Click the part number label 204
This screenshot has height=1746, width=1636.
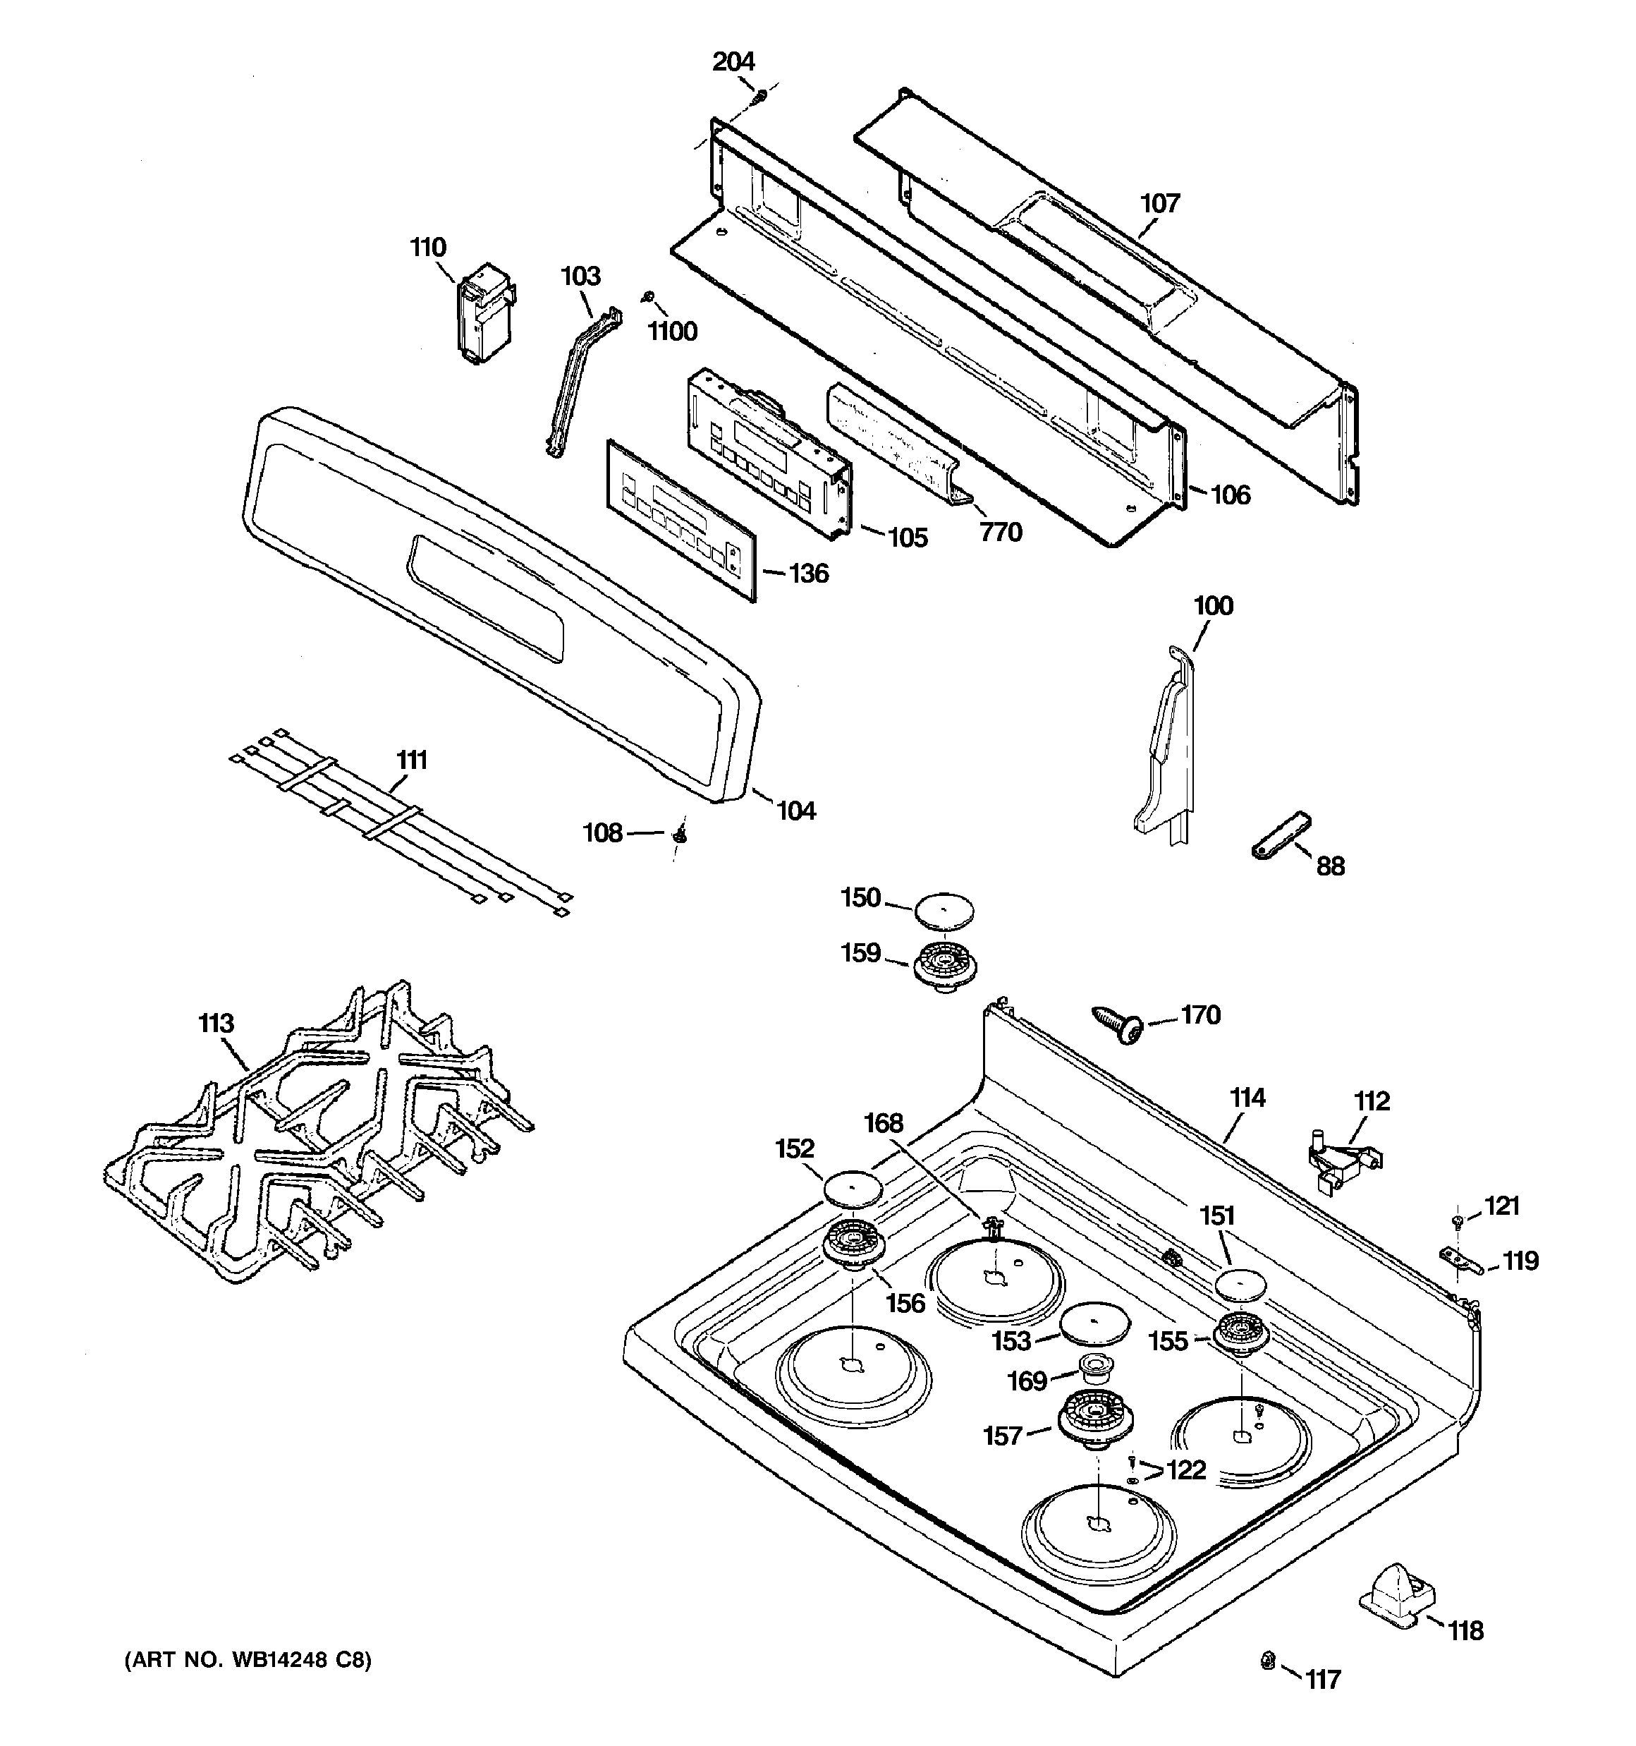733,61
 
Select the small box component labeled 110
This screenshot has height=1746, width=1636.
483,312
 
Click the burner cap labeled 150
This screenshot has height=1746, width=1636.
944,910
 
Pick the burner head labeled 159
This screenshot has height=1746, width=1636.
945,964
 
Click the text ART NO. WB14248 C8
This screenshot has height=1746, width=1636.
248,1660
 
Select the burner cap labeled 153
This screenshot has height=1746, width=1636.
1093,1324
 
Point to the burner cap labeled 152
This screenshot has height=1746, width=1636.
853,1189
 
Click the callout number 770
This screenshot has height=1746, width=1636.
1000,531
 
